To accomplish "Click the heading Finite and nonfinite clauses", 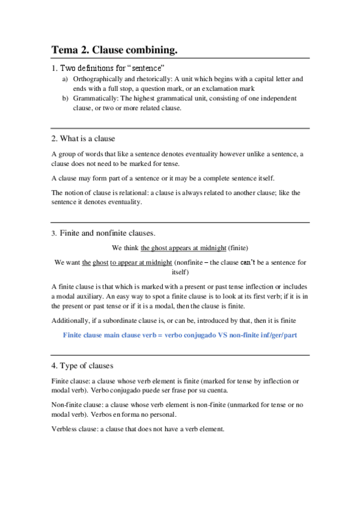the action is pyautogui.click(x=108, y=233).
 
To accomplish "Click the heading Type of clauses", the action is pyautogui.click(x=87, y=366).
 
